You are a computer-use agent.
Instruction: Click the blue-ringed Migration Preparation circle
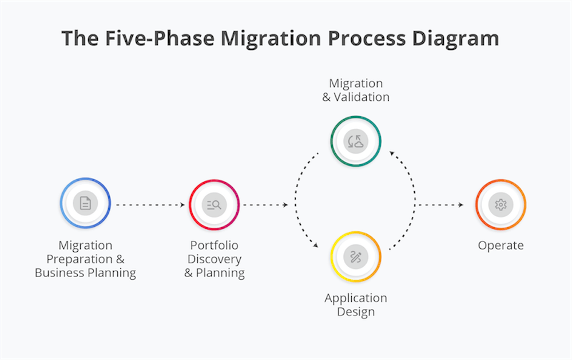(x=85, y=203)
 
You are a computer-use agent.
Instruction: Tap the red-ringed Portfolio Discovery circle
(x=214, y=204)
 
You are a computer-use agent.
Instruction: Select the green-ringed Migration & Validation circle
(x=356, y=141)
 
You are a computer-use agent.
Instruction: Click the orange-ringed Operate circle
(x=500, y=204)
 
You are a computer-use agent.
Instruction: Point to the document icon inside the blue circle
(x=85, y=203)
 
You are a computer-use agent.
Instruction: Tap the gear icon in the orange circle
(x=500, y=204)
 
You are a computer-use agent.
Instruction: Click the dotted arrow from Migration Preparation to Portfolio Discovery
(x=150, y=204)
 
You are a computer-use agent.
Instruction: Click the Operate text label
(x=500, y=246)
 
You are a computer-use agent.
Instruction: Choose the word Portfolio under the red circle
(x=214, y=246)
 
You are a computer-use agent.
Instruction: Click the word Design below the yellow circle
(x=356, y=312)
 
